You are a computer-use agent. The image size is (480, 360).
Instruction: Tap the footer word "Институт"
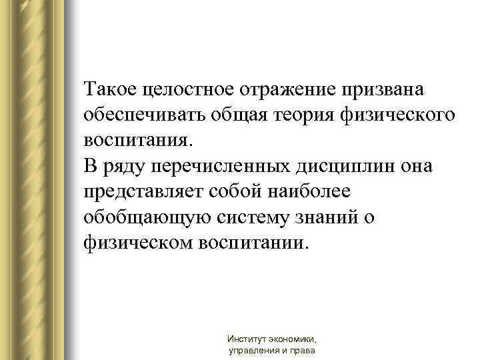pyautogui.click(x=246, y=339)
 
